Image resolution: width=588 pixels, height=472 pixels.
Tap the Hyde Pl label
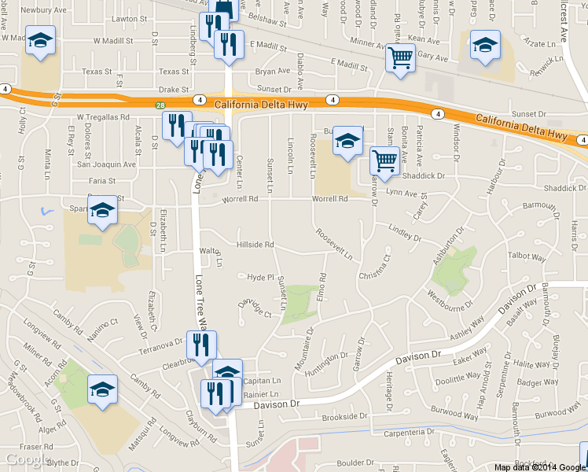259,278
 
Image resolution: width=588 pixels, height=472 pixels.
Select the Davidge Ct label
255,308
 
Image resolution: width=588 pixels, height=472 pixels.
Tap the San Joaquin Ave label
105,165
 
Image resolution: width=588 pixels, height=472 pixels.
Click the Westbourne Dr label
450,300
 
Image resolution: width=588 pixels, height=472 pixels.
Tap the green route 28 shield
160,105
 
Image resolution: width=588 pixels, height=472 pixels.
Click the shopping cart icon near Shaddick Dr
384,161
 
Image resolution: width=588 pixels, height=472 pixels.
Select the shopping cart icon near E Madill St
400,57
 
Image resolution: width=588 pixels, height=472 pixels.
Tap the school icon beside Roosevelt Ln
347,141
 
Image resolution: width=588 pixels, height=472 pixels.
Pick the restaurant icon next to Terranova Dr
201,344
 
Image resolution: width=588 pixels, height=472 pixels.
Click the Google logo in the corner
28,460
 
